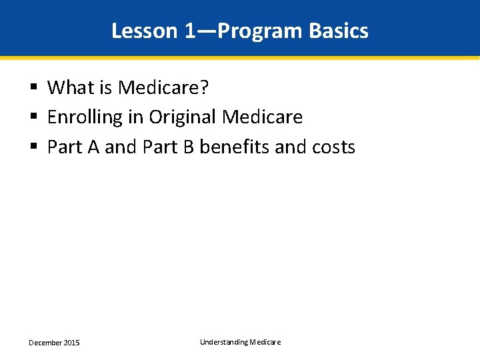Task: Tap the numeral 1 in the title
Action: click(x=191, y=31)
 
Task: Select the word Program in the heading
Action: click(x=259, y=31)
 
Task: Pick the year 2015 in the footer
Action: click(x=71, y=343)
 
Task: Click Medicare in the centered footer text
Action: click(x=265, y=342)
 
